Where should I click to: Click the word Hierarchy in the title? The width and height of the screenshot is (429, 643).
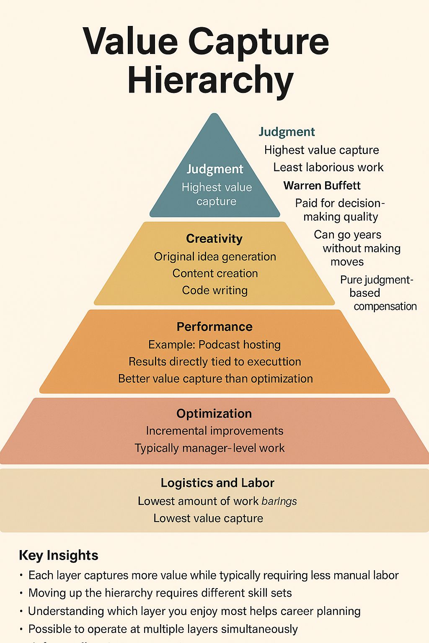(210, 80)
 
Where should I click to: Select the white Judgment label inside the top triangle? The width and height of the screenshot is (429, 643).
(214, 169)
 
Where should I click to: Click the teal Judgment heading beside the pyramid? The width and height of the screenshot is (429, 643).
(287, 132)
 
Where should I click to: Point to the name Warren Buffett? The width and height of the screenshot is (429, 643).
(322, 185)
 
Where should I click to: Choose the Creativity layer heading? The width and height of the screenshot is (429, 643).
(214, 239)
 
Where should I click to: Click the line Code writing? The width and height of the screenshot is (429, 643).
(214, 290)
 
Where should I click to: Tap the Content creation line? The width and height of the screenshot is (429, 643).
(215, 273)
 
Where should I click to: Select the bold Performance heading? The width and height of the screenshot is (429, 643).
(214, 327)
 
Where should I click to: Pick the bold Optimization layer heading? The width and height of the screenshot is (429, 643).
(214, 414)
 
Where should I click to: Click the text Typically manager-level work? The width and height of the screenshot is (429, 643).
(209, 448)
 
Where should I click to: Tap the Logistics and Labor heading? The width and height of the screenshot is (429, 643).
(217, 483)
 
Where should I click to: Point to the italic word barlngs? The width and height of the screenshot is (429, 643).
(279, 501)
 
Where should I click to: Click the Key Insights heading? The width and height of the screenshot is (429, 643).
(59, 555)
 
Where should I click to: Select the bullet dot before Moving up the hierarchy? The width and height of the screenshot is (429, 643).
(21, 593)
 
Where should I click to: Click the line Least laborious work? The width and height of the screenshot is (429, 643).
(328, 167)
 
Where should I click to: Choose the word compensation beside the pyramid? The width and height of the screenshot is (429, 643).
(385, 306)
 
